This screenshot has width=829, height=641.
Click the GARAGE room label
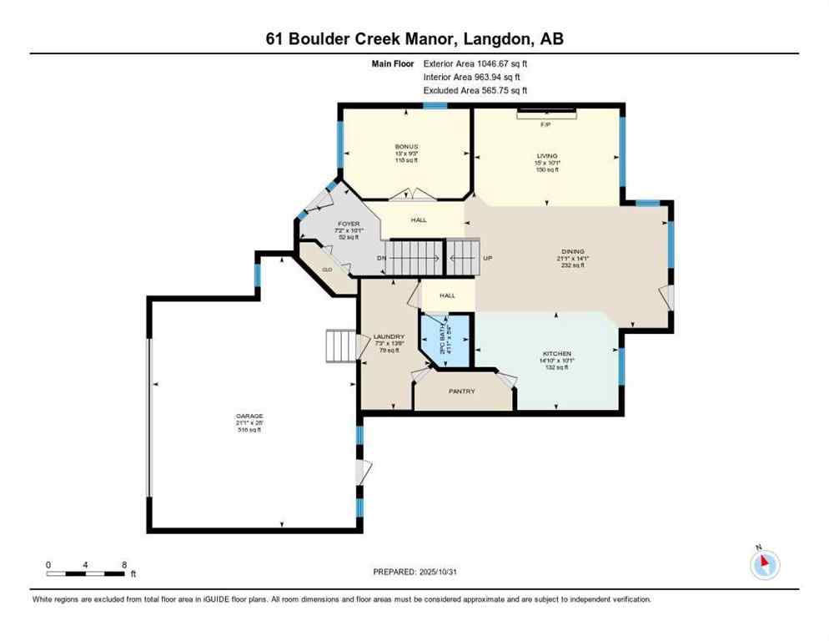[x=248, y=416]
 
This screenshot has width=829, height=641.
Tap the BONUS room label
[x=406, y=147]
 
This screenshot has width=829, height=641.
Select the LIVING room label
[x=546, y=155]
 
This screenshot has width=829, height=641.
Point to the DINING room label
[x=572, y=251]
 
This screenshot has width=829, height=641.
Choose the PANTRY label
[x=461, y=390]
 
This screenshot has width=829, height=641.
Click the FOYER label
[x=348, y=225]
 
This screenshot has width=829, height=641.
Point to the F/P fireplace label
[x=546, y=124]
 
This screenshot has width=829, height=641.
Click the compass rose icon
[x=764, y=564]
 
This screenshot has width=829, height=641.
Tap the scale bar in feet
[x=87, y=573]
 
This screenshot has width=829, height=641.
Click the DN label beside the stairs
[x=381, y=259]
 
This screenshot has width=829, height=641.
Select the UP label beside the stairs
[x=489, y=258]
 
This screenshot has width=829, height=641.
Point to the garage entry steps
[x=339, y=345]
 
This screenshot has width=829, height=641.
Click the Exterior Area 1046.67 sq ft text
[x=475, y=63]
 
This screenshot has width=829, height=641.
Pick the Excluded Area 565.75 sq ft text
[x=475, y=90]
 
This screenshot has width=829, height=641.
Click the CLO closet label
[x=327, y=270]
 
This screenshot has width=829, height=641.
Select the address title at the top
[x=414, y=38]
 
